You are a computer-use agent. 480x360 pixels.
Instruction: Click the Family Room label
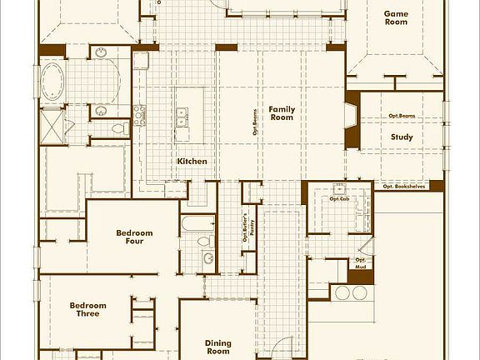point(281,113)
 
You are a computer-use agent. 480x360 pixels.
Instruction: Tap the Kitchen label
point(192,161)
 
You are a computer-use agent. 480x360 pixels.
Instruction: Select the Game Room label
point(395,18)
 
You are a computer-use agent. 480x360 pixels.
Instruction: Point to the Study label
point(402,137)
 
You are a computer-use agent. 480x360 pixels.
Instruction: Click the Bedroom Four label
point(134,237)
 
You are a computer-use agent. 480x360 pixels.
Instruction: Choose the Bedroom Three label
point(87,310)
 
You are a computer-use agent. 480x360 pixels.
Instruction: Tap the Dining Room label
point(217,347)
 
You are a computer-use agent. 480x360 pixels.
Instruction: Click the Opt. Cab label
point(338,198)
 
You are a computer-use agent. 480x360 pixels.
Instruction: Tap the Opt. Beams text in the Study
point(402,116)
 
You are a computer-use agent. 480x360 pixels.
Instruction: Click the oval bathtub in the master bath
point(53,83)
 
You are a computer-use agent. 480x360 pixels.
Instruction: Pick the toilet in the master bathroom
point(117,129)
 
